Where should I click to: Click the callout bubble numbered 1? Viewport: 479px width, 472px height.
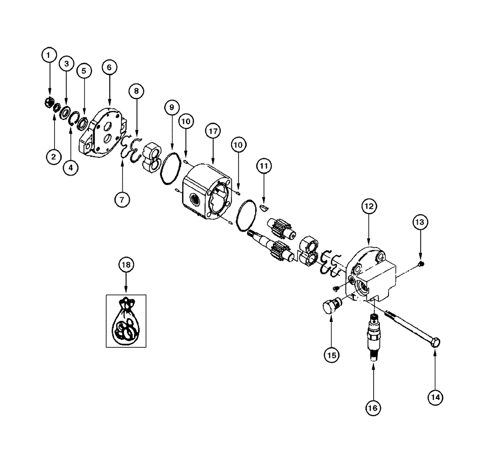pyautogui.click(x=48, y=56)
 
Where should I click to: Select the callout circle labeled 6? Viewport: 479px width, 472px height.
pyautogui.click(x=109, y=68)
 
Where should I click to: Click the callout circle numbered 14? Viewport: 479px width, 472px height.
pyautogui.click(x=435, y=397)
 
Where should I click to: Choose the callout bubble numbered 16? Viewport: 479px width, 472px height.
pyautogui.click(x=373, y=408)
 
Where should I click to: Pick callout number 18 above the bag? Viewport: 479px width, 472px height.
pyautogui.click(x=125, y=264)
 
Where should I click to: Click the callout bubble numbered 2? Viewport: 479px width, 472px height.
pyautogui.click(x=54, y=155)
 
